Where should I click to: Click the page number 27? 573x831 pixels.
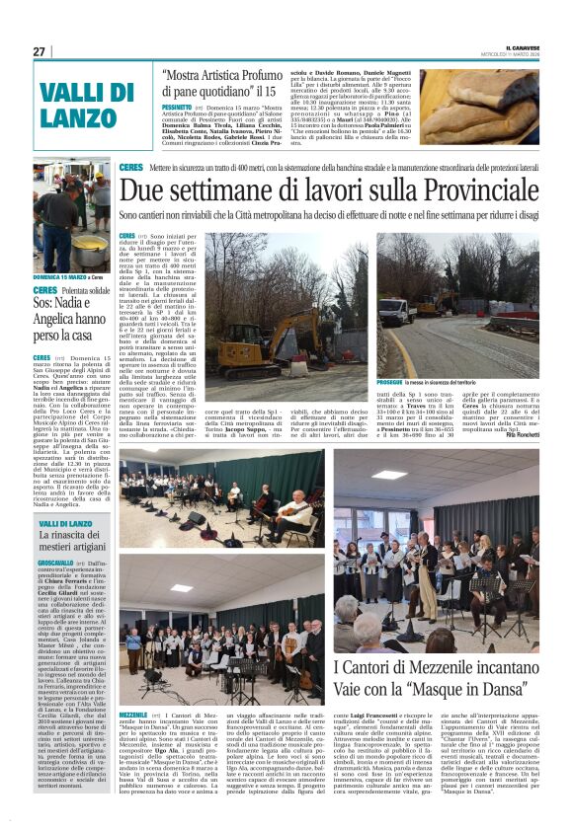(x=40, y=51)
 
